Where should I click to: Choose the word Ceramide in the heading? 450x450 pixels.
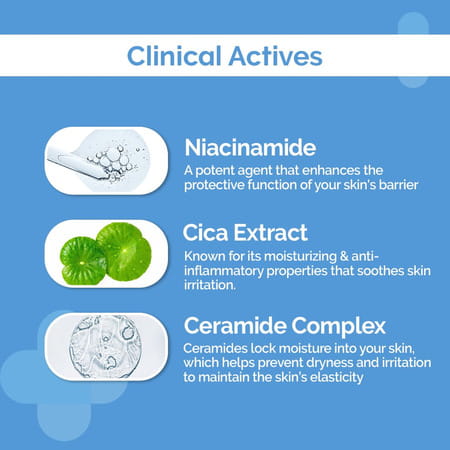tap(236, 327)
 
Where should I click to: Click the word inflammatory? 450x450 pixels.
tap(229, 273)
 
